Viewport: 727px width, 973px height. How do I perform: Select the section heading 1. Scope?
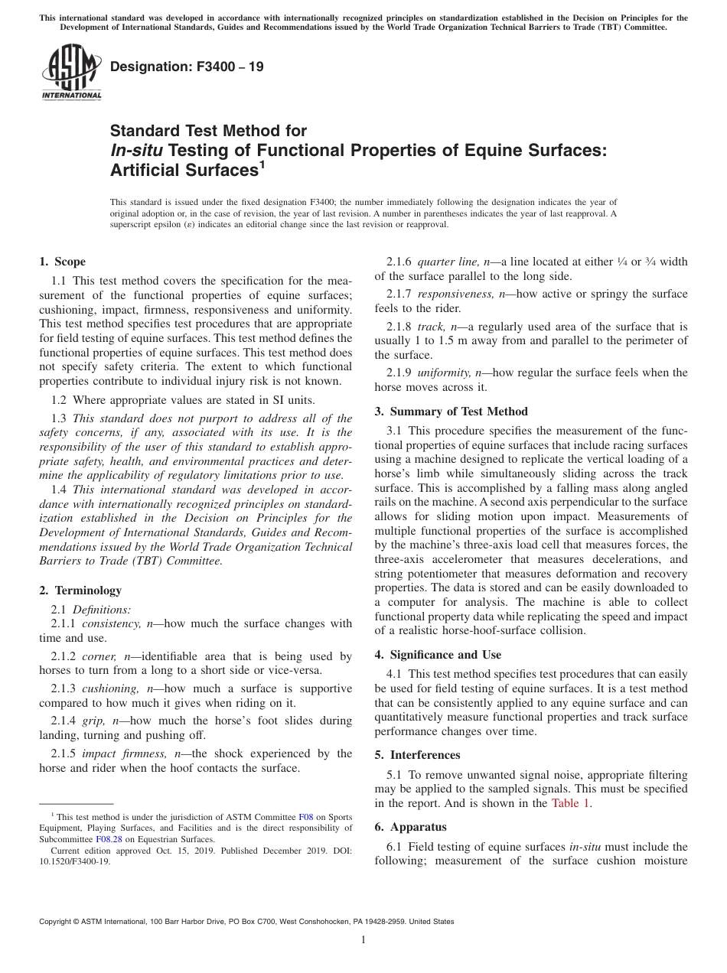click(x=63, y=262)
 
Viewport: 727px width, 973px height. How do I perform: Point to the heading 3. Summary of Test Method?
click(x=452, y=412)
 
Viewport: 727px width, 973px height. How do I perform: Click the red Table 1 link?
click(x=571, y=803)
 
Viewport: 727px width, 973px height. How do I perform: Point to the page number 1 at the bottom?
click(x=363, y=940)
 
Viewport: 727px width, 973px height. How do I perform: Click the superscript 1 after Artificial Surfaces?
click(x=261, y=164)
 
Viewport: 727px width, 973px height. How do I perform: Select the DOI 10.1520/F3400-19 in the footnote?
click(x=74, y=861)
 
